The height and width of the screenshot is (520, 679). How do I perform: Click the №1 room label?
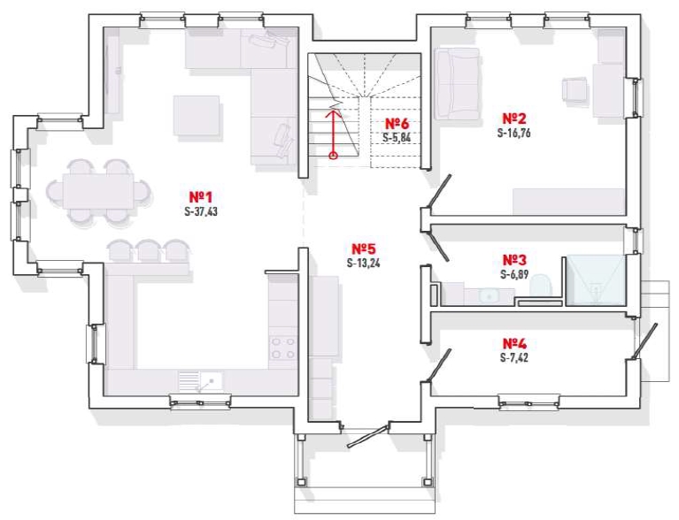201,197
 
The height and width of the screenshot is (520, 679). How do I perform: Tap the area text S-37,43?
201,212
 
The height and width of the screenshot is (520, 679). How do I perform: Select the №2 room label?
514,119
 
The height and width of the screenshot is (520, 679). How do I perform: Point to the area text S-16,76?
514,133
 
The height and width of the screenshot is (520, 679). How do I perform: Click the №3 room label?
514,260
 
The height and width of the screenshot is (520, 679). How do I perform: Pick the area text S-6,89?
514,275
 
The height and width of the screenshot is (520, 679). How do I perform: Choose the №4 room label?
514,343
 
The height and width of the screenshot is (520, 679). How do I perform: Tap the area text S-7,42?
514,358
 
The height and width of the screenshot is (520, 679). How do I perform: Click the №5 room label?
364,249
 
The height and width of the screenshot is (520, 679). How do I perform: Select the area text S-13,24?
364,263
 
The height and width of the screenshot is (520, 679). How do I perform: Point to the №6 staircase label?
397,123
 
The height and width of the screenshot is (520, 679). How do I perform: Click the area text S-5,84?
397,138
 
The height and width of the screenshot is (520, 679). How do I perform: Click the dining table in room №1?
98,191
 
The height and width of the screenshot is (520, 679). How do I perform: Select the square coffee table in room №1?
197,116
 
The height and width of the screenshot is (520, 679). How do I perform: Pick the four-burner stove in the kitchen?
282,348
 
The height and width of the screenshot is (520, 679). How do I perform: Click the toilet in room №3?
540,285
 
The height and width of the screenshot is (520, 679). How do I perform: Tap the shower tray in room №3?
597,280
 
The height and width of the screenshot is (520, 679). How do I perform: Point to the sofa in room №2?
458,83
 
